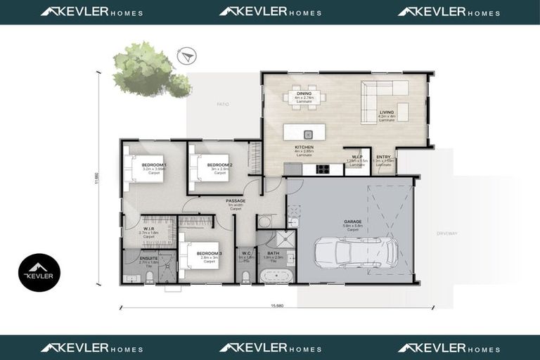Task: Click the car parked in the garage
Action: coord(356,251)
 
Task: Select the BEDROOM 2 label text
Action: coord(219,164)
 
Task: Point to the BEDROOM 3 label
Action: coord(209,253)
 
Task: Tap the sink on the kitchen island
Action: coord(307,134)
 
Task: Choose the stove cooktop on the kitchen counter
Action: coord(323,169)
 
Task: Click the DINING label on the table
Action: coord(304,93)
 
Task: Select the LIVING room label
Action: coord(387,111)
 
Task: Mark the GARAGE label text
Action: coord(353,221)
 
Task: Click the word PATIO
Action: coord(223,104)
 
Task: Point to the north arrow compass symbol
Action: coord(186,55)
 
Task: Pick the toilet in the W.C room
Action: coord(245,278)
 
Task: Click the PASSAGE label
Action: coord(236,200)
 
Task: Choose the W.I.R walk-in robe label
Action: coord(148,228)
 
